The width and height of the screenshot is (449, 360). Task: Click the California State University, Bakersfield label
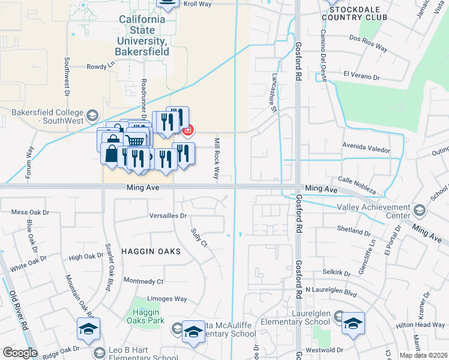click(x=142, y=35)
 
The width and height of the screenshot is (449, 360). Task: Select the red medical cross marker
click(x=188, y=130)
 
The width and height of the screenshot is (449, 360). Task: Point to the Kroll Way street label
click(x=197, y=3)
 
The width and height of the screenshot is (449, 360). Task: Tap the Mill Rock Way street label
click(x=216, y=158)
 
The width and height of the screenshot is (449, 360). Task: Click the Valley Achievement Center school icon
click(x=418, y=211)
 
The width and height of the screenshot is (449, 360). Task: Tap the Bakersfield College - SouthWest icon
click(x=92, y=115)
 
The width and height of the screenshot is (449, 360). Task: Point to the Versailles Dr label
click(x=168, y=215)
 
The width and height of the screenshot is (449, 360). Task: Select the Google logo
click(x=20, y=352)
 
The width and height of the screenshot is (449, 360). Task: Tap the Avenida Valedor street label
click(x=366, y=150)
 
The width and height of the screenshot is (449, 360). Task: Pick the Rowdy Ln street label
click(x=100, y=67)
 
